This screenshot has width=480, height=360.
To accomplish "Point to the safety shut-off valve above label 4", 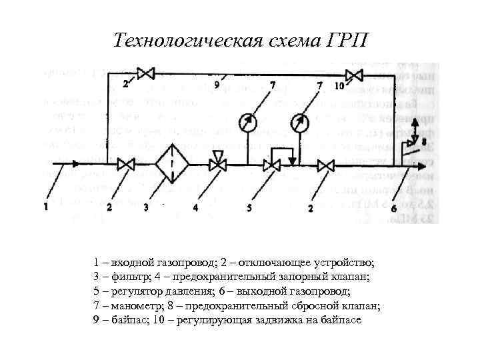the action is pyautogui.click(x=217, y=163).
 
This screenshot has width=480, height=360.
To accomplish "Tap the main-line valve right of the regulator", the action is pyautogui.click(x=326, y=164).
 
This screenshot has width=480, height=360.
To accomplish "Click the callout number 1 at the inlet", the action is pyautogui.click(x=46, y=207).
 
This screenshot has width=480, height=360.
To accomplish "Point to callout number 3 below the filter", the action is pyautogui.click(x=145, y=208).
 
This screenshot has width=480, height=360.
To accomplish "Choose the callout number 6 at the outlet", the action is pyautogui.click(x=394, y=208).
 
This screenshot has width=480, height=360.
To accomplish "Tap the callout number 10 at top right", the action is pyautogui.click(x=339, y=85).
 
